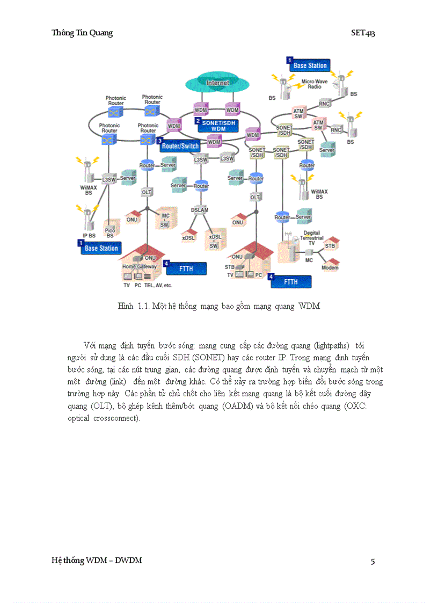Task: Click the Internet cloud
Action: point(217,84)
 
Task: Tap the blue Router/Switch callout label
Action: point(180,146)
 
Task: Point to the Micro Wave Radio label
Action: point(314,84)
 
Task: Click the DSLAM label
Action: point(200,209)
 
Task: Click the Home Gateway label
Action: point(140,266)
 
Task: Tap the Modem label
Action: point(330,267)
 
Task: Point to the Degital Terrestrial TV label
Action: point(311,238)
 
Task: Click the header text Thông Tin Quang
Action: point(82,33)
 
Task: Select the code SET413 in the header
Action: point(363,33)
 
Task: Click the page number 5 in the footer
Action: point(373,562)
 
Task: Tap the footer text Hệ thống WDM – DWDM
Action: point(97,561)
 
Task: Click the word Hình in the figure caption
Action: point(125,306)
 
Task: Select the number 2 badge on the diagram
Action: point(198,121)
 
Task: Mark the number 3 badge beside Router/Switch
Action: point(159,141)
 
